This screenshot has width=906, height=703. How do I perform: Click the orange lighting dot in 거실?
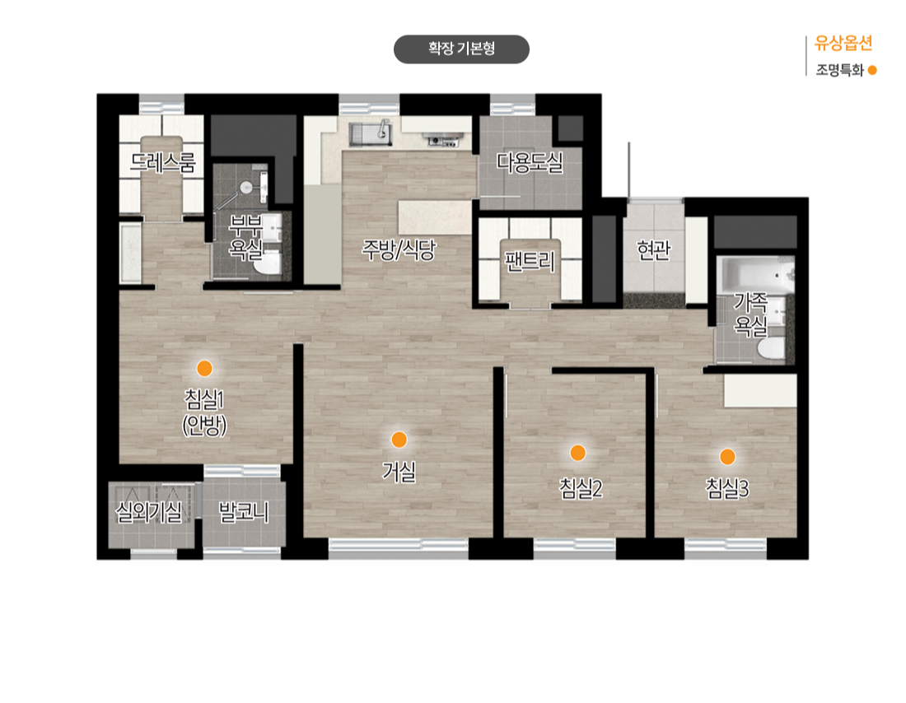click(399, 440)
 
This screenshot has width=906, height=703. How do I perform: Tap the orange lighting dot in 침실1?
click(204, 368)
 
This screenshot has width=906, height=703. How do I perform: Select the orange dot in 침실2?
click(577, 453)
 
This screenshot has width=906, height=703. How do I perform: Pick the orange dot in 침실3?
click(727, 457)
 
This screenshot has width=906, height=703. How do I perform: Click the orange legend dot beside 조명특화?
click(872, 71)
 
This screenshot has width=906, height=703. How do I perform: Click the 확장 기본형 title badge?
click(461, 49)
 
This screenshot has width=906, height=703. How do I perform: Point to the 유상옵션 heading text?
click(843, 44)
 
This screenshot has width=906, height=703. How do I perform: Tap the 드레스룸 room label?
click(163, 162)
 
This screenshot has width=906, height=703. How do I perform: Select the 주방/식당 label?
click(399, 249)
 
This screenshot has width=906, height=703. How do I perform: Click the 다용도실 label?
click(530, 162)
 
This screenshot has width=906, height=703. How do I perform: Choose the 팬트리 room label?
click(530, 261)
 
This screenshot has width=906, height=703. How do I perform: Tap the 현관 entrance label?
click(653, 249)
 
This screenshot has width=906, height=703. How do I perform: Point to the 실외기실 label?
click(148, 512)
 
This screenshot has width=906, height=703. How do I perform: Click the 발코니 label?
click(243, 512)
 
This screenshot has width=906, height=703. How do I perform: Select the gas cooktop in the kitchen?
click(444, 139)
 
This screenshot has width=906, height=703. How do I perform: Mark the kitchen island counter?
click(435, 217)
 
